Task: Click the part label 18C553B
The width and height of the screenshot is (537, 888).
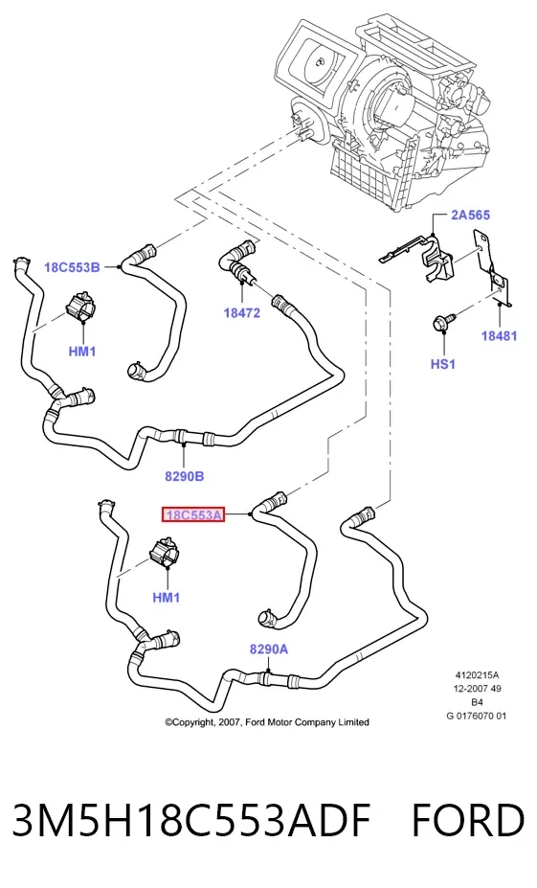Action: (72, 266)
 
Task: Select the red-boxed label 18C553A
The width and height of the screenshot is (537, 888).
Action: (193, 514)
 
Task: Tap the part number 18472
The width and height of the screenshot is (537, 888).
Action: (241, 312)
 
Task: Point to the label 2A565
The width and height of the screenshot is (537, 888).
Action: (470, 215)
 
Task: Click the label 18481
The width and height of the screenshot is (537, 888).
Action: (499, 336)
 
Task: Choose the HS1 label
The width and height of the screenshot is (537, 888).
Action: (443, 364)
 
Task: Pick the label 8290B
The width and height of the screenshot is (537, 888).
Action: (185, 476)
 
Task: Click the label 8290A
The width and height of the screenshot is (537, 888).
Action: (269, 649)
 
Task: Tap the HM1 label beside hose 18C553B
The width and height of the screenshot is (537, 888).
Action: (82, 352)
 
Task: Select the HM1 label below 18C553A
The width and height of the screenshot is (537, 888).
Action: (167, 597)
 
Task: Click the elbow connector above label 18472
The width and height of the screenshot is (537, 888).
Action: (237, 261)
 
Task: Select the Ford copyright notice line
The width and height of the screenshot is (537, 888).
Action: (267, 722)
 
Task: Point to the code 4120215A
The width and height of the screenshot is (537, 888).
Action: (477, 675)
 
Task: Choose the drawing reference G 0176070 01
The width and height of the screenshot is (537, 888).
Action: (477, 716)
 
